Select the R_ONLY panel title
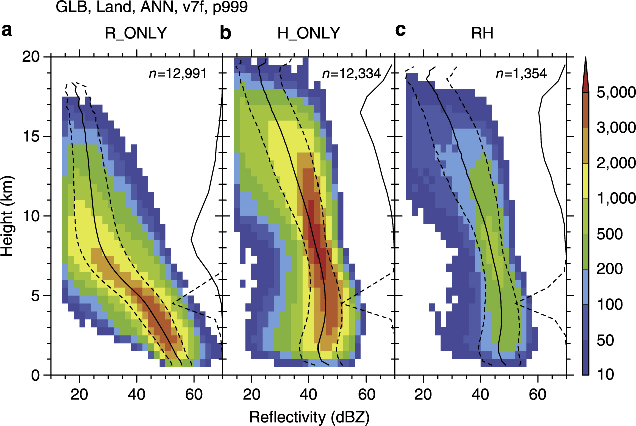pos(136,33)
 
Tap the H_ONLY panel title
pos(308,33)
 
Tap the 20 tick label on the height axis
pos(34,57)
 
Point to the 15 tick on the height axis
pos(35,137)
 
